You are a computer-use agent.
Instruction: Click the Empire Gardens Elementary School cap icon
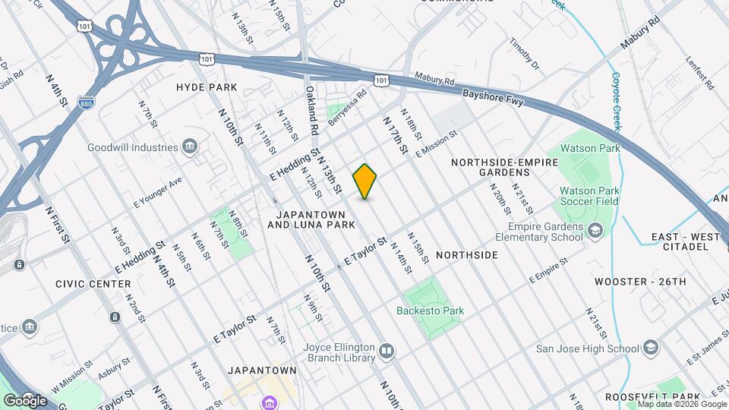[596, 230]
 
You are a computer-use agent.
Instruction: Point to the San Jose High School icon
[650, 348]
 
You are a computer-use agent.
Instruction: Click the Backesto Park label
[430, 311]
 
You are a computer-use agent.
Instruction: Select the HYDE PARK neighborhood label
[202, 87]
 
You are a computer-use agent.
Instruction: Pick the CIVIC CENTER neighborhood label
[93, 284]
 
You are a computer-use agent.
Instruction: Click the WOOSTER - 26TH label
[640, 282]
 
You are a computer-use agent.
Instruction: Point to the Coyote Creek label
[617, 102]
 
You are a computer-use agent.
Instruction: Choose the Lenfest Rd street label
[700, 72]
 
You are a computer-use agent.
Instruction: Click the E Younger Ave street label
[158, 193]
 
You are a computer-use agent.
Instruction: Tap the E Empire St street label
[549, 270]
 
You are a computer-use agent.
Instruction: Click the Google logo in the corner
[25, 400]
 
